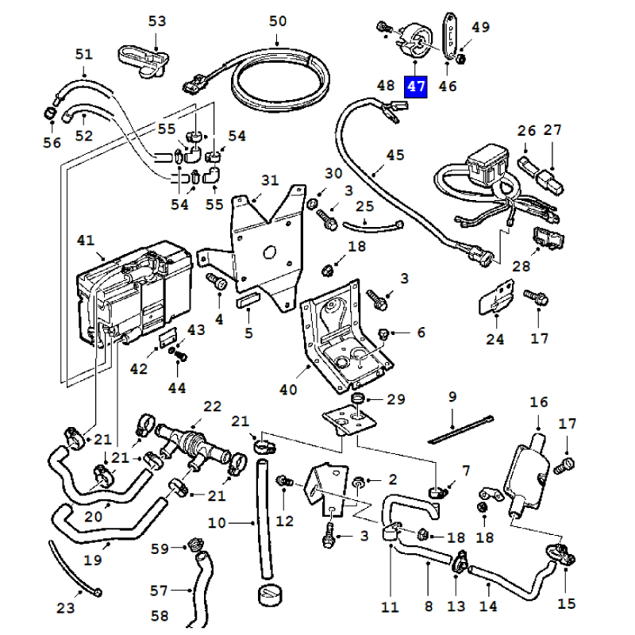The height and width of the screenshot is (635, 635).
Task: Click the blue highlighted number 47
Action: (x=416, y=87)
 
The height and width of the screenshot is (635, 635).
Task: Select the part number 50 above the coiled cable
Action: (x=278, y=21)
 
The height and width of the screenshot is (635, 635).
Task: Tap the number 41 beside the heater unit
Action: (x=86, y=241)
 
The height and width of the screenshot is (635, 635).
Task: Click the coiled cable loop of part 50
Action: (x=283, y=81)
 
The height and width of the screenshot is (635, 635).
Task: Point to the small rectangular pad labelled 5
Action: (x=247, y=302)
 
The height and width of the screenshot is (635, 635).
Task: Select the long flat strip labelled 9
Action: (x=461, y=429)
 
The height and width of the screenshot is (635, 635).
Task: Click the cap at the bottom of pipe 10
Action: (x=270, y=595)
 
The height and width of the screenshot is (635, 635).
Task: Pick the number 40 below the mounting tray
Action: (x=288, y=390)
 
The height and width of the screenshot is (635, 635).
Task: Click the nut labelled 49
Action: (x=460, y=59)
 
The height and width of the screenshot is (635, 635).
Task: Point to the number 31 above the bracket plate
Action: (x=270, y=180)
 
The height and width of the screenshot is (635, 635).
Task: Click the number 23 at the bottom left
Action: (x=66, y=608)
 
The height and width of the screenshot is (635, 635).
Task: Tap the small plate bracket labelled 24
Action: (x=497, y=298)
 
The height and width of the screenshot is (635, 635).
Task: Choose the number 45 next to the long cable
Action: (x=395, y=155)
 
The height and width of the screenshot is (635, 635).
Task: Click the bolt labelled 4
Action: (x=217, y=281)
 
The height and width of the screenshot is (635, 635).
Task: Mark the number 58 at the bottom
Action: (x=160, y=616)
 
